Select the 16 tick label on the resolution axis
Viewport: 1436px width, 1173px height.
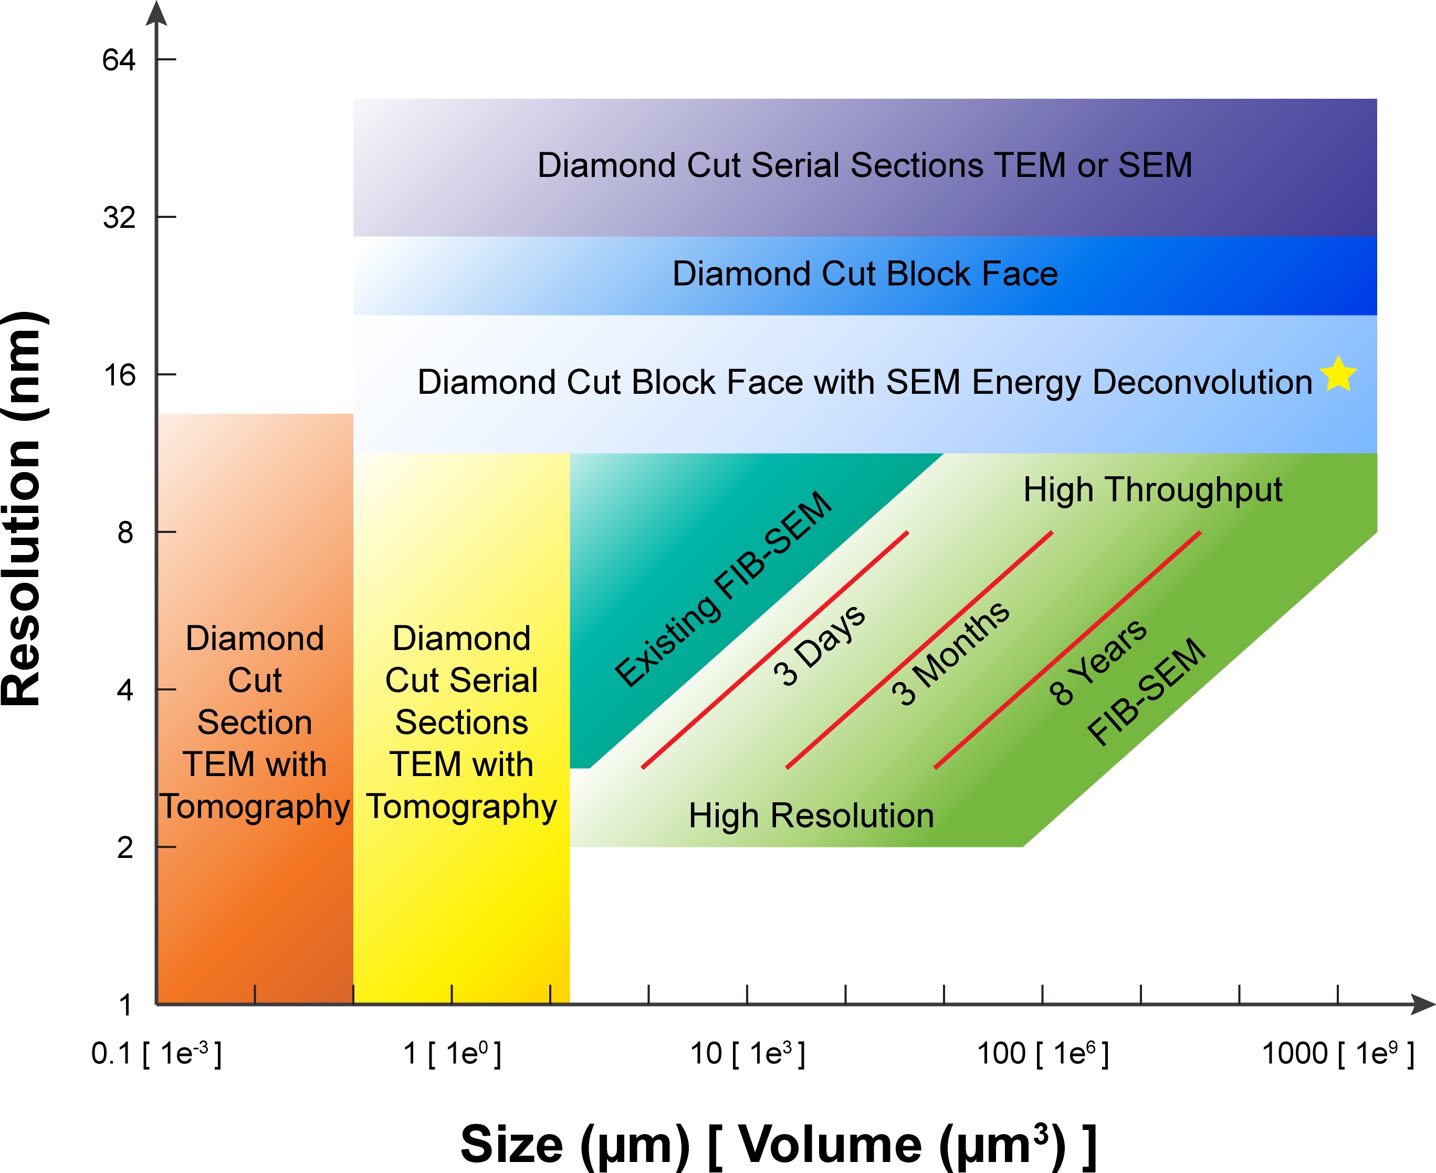pos(119,375)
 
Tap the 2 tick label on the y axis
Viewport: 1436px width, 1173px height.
pos(125,847)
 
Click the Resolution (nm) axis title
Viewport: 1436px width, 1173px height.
pos(22,510)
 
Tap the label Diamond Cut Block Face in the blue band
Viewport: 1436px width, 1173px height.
pos(865,274)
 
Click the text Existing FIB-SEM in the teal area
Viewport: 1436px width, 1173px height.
pos(723,589)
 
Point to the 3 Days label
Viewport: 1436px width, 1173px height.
pos(819,645)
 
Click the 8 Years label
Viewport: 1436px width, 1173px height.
pos(1097,662)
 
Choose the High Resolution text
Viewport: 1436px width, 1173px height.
pos(811,815)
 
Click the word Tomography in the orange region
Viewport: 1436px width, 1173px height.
pos(255,808)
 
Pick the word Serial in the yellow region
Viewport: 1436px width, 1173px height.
pos(504,680)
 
